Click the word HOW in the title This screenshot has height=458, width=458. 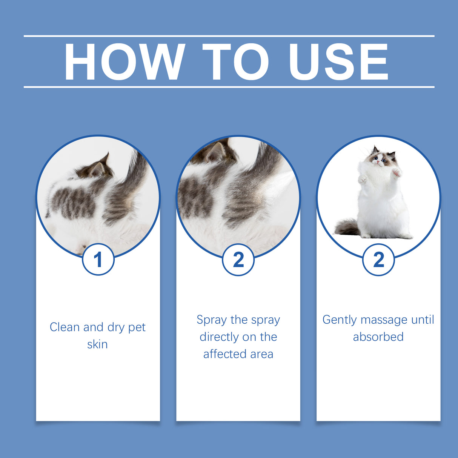coord(124,62)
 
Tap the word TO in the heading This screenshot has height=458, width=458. coord(235,62)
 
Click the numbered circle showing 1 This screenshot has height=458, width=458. coord(98,260)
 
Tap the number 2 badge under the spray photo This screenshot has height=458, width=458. coord(238,260)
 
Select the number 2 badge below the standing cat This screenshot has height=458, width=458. coord(378,260)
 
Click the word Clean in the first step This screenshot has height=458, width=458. coord(65,327)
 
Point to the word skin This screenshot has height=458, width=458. coord(97,344)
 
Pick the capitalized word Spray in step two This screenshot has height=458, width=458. coord(212,320)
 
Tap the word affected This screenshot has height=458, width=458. coord(225,354)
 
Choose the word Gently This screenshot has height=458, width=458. coord(340,320)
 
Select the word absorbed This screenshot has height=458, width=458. coord(378,337)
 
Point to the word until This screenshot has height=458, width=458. coord(423,320)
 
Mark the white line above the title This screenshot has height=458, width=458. coord(229,36)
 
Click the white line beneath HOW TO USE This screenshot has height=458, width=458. coord(229,87)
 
